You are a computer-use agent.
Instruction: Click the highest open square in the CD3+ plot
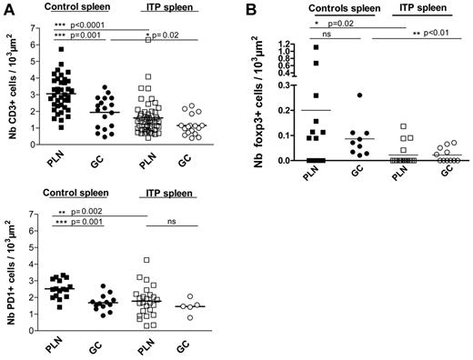(x=147, y=40)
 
